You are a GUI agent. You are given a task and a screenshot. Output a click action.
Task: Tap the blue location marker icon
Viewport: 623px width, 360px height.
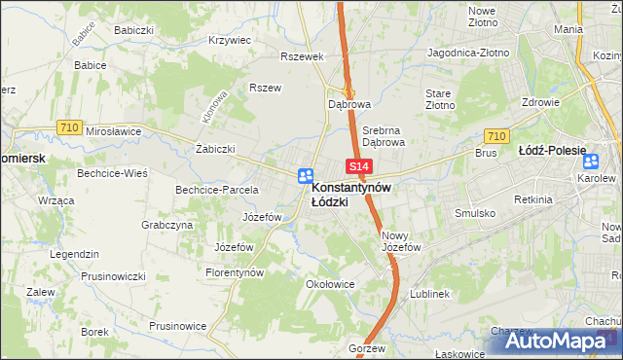point(305,176)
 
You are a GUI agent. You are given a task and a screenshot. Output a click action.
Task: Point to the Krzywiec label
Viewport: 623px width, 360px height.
point(230,41)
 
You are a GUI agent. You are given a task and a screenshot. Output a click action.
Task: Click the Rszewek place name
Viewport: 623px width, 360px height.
point(301,56)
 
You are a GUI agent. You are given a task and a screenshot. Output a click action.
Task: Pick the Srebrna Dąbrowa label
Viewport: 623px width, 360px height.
point(383,134)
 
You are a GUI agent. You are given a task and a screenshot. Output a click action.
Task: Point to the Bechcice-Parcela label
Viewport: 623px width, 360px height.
point(216,190)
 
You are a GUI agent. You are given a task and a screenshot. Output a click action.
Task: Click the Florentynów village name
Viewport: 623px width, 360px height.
point(235,273)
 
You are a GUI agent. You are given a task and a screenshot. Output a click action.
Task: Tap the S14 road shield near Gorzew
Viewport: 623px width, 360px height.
point(357,333)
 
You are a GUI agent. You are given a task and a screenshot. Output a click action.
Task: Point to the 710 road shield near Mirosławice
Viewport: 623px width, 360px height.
point(68,126)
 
